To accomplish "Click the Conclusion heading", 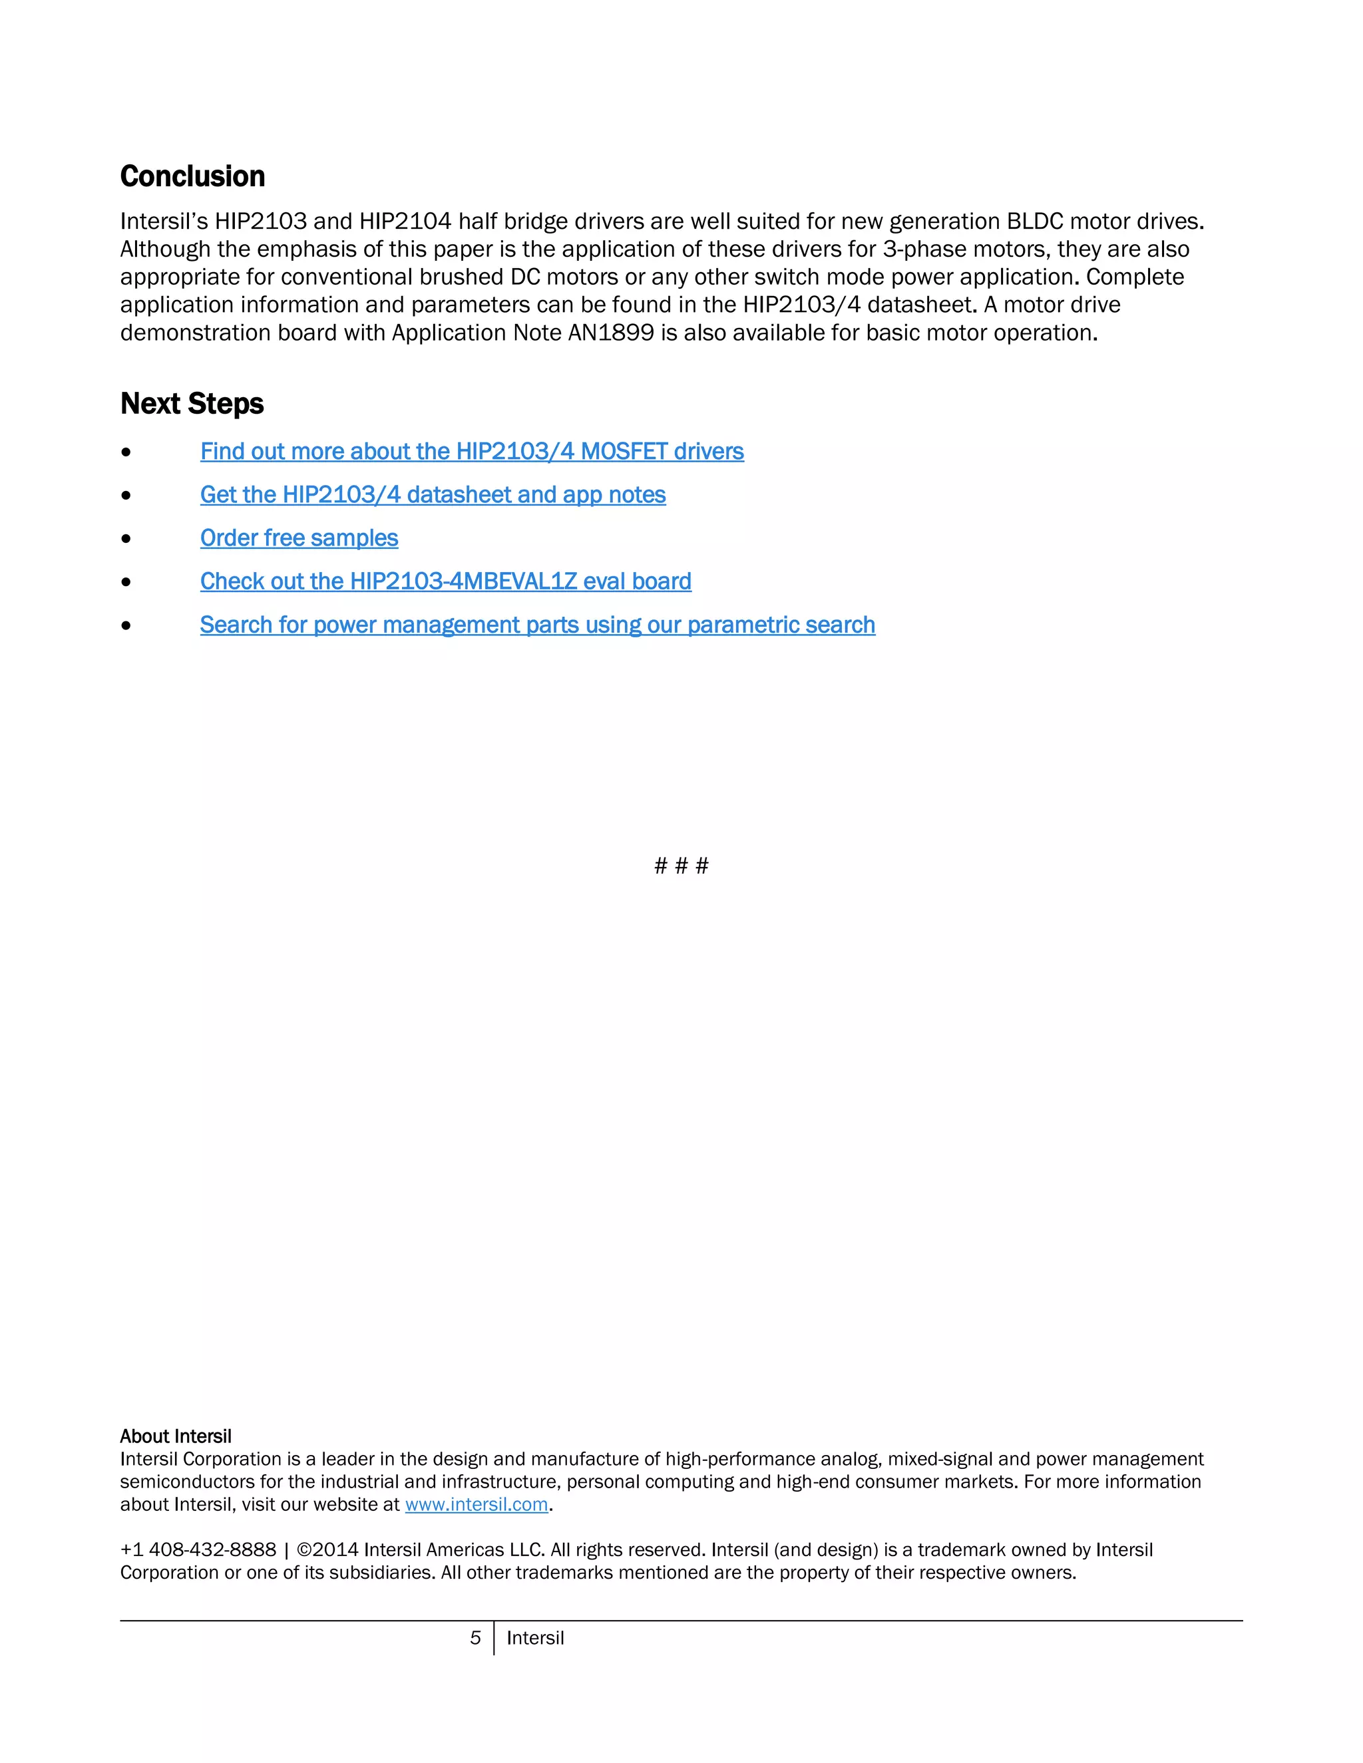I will tap(192, 177).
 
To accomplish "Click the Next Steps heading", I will tap(192, 404).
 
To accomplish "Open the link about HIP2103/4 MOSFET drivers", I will tap(472, 451).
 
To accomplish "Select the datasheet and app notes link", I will tap(433, 495).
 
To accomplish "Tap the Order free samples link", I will tap(299, 538).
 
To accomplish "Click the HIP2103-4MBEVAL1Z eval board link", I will tap(446, 581).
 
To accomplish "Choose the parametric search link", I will tap(537, 625).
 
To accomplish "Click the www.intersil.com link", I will tap(477, 1505).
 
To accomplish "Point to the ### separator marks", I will tap(681, 866).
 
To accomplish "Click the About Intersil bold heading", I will tap(175, 1436).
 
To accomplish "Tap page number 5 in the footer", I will tap(476, 1638).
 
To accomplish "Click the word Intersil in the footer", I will tap(534, 1638).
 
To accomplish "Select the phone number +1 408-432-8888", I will tap(198, 1550).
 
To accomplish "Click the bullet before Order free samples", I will tap(126, 538).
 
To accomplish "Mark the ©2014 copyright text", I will tap(327, 1550).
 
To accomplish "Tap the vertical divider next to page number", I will tap(493, 1638).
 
